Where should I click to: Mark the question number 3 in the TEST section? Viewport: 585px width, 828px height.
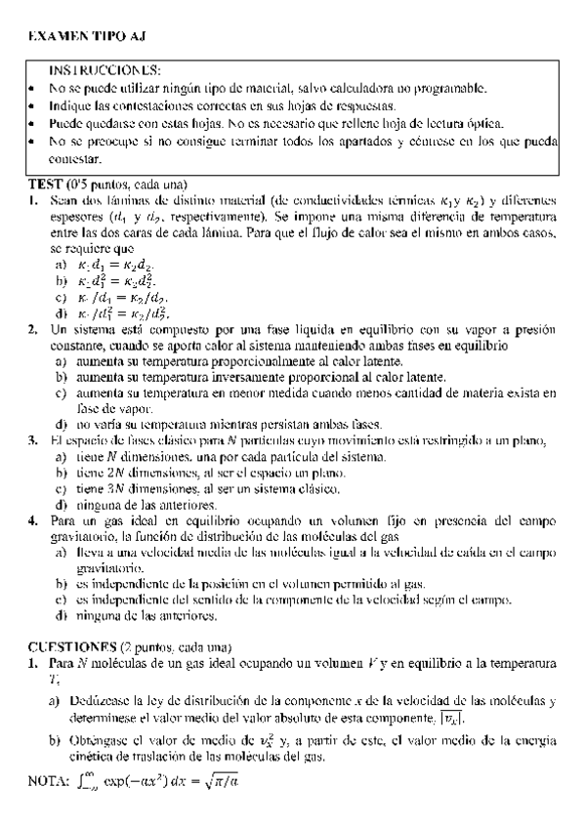[33, 440]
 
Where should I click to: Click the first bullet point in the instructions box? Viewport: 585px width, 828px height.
[33, 90]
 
